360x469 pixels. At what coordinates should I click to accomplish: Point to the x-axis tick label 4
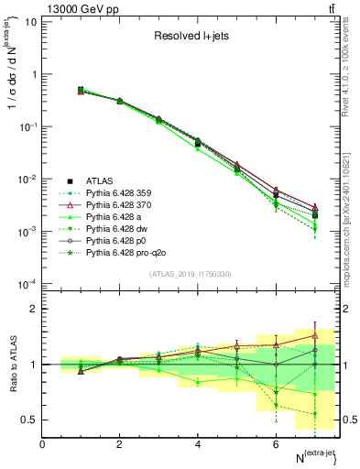coord(198,444)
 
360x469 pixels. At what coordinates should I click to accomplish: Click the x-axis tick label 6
coord(276,444)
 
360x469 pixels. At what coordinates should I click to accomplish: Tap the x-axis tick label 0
coord(42,444)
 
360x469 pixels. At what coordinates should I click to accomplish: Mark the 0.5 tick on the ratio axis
coord(29,420)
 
